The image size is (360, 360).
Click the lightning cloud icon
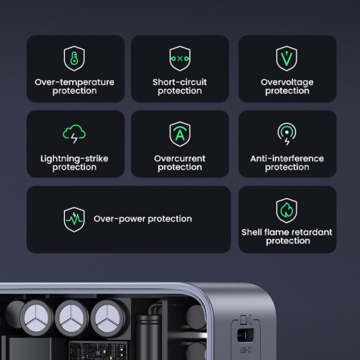click(74, 135)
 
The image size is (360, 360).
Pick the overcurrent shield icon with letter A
click(179, 135)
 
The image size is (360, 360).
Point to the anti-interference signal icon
click(287, 134)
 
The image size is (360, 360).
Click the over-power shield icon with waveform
click(74, 218)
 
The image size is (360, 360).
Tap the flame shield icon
click(287, 210)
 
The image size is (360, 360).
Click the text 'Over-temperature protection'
click(74, 86)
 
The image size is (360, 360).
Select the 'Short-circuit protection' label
click(179, 86)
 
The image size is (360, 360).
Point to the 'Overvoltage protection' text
click(287, 86)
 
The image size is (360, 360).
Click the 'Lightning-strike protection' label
click(74, 163)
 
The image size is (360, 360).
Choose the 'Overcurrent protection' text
click(179, 163)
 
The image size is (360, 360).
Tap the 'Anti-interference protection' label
click(287, 163)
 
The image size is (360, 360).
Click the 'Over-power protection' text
click(143, 219)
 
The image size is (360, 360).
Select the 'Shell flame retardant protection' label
click(287, 237)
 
